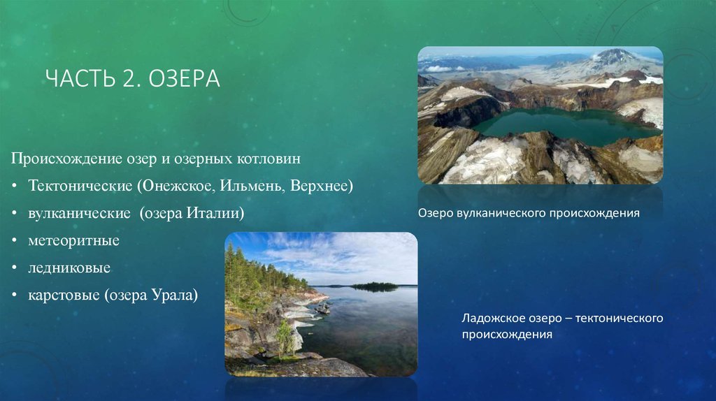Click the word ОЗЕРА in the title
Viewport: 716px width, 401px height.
185,78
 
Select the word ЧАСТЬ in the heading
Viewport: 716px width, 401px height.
80,78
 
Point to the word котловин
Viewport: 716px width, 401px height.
269,159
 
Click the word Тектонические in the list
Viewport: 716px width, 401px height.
80,186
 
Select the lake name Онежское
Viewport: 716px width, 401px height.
176,186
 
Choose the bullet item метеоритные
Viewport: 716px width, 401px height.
74,240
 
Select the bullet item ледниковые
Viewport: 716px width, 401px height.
69,268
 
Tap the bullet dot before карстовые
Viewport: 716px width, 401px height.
15,296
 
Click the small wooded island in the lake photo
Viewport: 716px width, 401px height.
375,286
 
